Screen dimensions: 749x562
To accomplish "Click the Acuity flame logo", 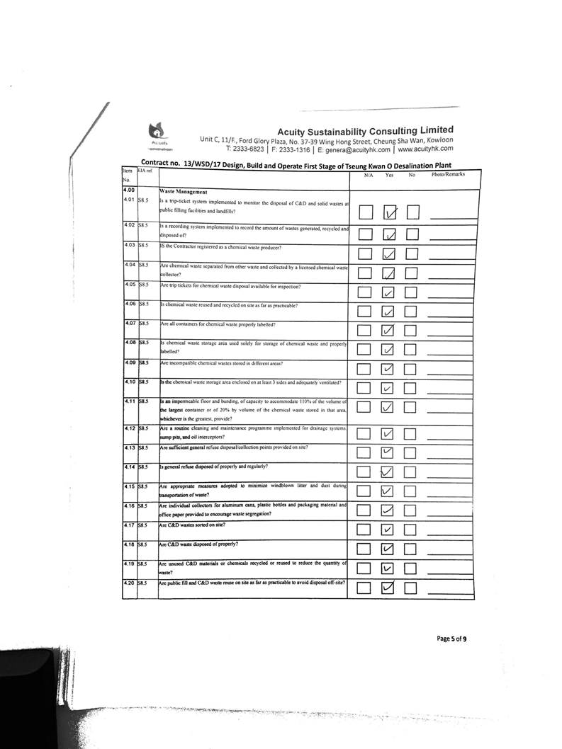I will pyautogui.click(x=155, y=132).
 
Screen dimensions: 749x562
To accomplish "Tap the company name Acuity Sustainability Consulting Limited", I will pyautogui.click(x=364, y=130).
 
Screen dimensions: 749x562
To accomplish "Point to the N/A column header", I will pyautogui.click(x=369, y=174).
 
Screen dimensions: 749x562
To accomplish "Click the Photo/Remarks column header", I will pyautogui.click(x=448, y=174).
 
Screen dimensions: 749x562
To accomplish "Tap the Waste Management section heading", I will pyautogui.click(x=183, y=191).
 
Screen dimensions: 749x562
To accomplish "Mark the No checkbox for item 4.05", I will pyautogui.click(x=412, y=292).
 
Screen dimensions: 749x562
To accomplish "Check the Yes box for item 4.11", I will pyautogui.click(x=388, y=406).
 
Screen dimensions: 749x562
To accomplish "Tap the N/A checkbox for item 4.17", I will pyautogui.click(x=364, y=530).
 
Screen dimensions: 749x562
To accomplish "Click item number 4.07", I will pyautogui.click(x=129, y=324).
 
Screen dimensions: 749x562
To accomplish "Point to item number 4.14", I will pyautogui.click(x=129, y=467).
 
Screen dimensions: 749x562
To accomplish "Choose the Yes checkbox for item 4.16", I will pyautogui.click(x=388, y=510).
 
